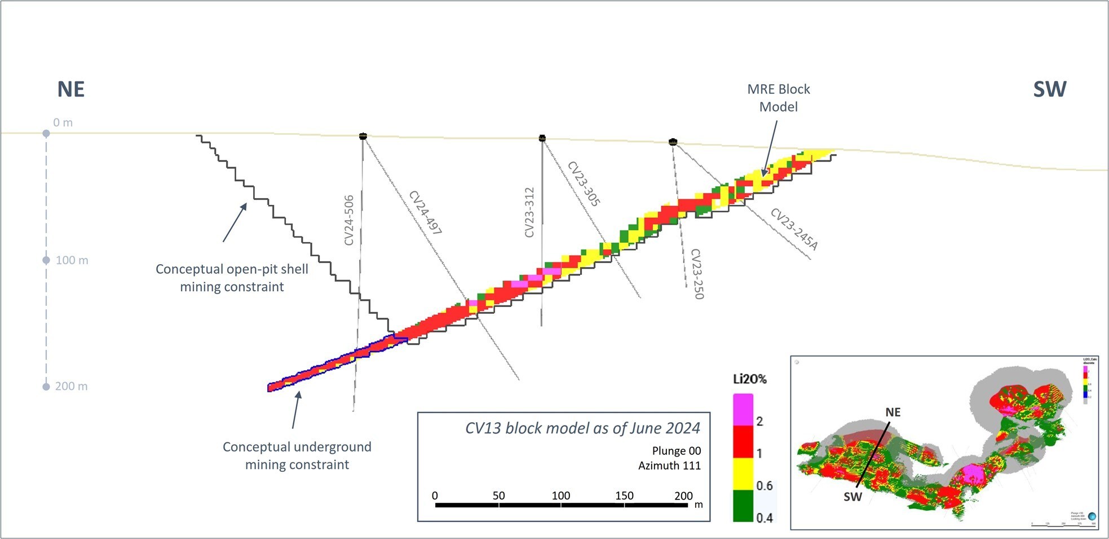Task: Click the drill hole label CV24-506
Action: pos(349,220)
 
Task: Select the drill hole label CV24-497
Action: pos(425,213)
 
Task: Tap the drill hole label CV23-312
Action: pos(529,212)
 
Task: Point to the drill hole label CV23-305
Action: pos(584,184)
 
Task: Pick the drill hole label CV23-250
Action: pos(697,274)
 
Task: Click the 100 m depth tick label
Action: pos(72,260)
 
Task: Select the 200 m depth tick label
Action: pos(72,386)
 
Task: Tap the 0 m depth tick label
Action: pos(63,122)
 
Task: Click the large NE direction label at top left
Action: pos(71,89)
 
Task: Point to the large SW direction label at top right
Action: pos(1049,89)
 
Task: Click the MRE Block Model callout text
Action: pos(778,98)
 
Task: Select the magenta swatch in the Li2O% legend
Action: pos(743,409)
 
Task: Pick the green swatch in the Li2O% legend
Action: pos(743,505)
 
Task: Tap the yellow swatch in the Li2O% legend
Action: pos(743,473)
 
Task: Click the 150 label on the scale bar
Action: pos(624,496)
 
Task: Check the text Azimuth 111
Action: pos(669,466)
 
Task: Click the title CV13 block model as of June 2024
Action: pos(582,428)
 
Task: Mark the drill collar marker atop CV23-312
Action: pos(542,138)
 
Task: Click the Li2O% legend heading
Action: pos(750,379)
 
